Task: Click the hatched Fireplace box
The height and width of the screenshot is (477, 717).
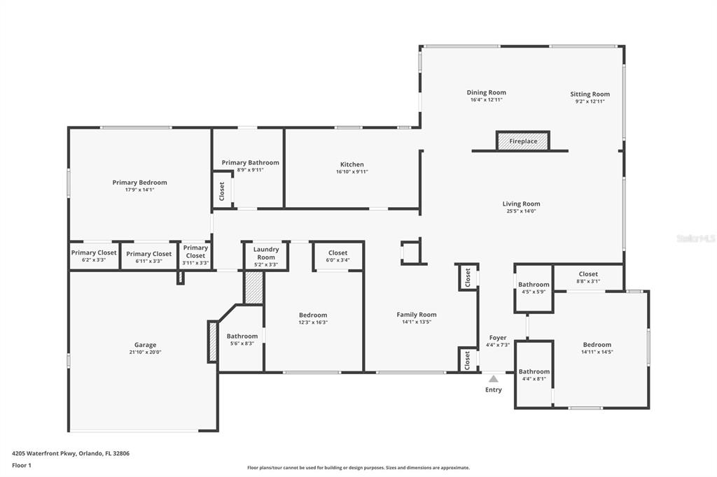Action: [523, 141]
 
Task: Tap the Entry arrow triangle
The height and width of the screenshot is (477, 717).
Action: [494, 378]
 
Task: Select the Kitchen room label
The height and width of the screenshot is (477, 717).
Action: [352, 164]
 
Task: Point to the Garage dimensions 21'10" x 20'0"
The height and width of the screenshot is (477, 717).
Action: [145, 353]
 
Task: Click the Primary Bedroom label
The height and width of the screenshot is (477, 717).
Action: [139, 183]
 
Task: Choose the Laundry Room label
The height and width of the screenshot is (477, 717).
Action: [266, 253]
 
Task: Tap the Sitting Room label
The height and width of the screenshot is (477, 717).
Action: [590, 94]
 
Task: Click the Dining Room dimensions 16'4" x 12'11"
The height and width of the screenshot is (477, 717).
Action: [487, 99]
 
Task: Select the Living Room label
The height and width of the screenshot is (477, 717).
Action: [521, 204]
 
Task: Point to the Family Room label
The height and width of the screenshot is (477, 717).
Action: [417, 314]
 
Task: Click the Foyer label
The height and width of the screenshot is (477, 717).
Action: [498, 338]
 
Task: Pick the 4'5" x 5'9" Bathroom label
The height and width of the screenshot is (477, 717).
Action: [534, 284]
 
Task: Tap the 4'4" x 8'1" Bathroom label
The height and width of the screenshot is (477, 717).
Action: [534, 371]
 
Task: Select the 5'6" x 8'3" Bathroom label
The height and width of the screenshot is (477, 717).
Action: [242, 336]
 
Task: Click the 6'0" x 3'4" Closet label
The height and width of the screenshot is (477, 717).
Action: [338, 252]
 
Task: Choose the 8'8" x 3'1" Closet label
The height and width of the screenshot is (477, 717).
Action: [588, 274]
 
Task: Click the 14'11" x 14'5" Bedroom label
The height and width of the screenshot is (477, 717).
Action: [597, 345]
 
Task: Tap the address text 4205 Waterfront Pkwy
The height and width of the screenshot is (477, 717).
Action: [44, 454]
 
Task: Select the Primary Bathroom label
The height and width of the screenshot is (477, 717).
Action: [250, 163]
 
